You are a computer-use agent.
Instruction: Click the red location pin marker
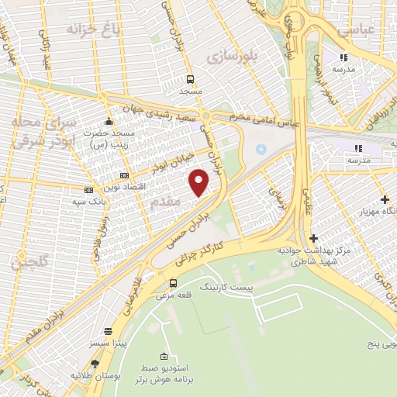[199, 182]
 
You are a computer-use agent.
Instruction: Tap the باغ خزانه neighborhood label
[85, 31]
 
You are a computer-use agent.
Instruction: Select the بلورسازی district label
[231, 57]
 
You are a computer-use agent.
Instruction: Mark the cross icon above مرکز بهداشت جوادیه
[313, 238]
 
